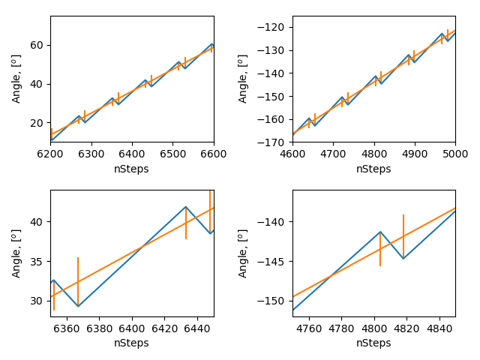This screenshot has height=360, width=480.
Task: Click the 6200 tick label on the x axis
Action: [x=50, y=154]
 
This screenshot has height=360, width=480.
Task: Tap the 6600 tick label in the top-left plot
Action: [x=214, y=154]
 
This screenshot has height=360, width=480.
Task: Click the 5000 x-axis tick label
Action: [x=455, y=154]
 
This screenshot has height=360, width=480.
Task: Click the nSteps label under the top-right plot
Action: [x=373, y=169]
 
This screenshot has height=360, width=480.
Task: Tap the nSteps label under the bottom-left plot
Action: [x=132, y=343]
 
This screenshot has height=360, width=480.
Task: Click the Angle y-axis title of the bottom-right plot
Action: [x=243, y=253]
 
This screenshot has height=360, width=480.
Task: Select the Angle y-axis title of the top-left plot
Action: [x=16, y=79]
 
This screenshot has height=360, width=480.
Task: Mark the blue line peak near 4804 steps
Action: [x=380, y=232]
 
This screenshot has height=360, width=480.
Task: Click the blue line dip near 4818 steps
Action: [x=403, y=259]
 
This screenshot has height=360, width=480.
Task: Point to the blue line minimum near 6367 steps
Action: [x=78, y=306]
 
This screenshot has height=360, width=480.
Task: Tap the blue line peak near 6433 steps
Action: [x=185, y=207]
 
